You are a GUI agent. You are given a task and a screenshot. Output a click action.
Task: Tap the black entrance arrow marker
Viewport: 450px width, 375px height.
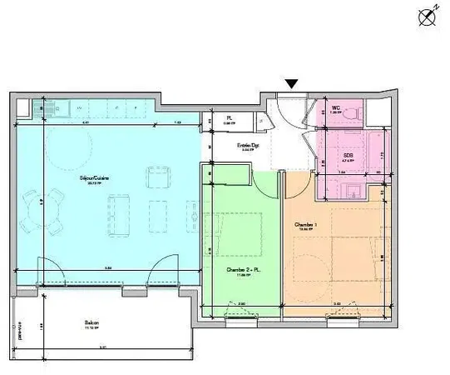(291, 83)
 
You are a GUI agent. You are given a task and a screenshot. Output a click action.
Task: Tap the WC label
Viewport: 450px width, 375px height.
(336, 108)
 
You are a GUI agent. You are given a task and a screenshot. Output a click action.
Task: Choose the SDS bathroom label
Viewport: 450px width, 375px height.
(349, 155)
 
